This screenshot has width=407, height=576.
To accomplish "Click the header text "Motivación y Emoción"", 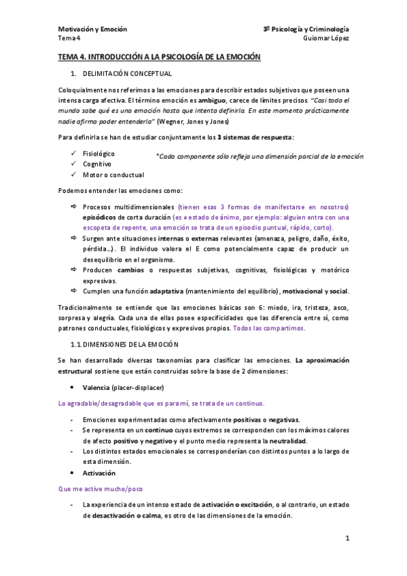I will [x=92, y=29].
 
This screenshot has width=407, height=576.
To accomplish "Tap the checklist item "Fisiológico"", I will [x=99, y=154].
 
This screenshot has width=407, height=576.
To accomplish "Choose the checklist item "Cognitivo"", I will [x=97, y=164].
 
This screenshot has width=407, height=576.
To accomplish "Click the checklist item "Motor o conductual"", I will [x=113, y=175].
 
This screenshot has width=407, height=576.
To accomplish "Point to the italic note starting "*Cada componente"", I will [x=259, y=156].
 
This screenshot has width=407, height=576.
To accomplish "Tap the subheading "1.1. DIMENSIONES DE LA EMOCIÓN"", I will [x=129, y=344].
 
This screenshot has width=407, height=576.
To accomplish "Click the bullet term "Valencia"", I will [x=96, y=387].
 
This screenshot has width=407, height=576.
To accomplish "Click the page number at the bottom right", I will [x=347, y=539].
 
